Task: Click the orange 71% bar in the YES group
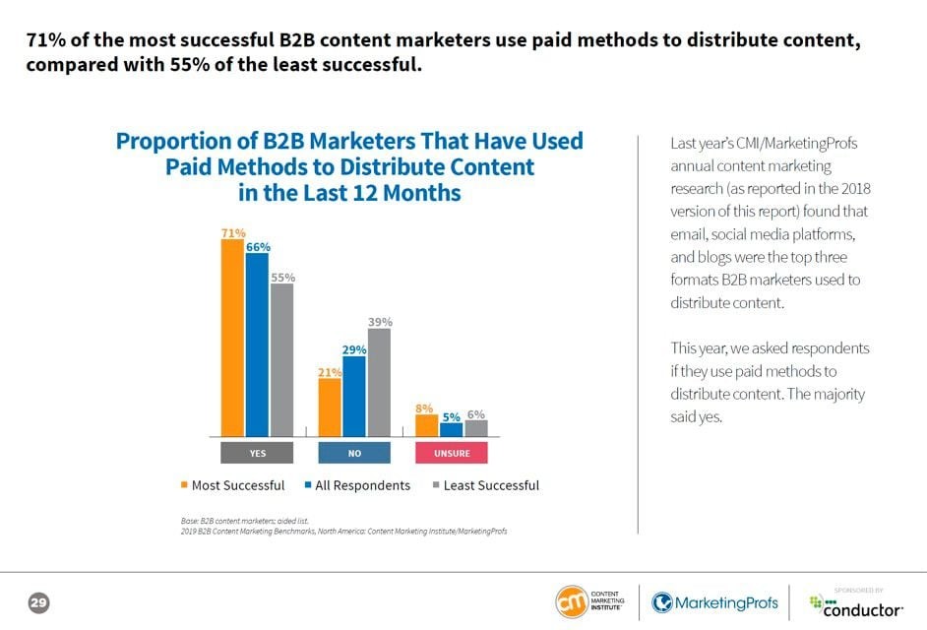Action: pyautogui.click(x=232, y=338)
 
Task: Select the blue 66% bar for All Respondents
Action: pyautogui.click(x=257, y=345)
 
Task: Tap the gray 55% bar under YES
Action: pyautogui.click(x=281, y=359)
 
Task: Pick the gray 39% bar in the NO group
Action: pyautogui.click(x=379, y=382)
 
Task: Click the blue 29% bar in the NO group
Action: pyautogui.click(x=354, y=396)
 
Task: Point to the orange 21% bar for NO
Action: pyautogui.click(x=330, y=407)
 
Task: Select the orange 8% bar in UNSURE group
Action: pyautogui.click(x=426, y=425)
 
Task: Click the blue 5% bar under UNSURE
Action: pyautogui.click(x=451, y=429)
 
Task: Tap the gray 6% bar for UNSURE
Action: pyautogui.click(x=475, y=428)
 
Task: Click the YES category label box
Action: pyautogui.click(x=257, y=453)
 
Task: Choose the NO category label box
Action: pyautogui.click(x=354, y=453)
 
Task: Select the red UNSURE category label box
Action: pyautogui.click(x=452, y=453)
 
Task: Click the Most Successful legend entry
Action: pyautogui.click(x=232, y=485)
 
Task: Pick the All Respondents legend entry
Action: pyautogui.click(x=356, y=485)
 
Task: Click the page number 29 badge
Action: pyautogui.click(x=39, y=601)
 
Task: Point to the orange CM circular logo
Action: pyautogui.click(x=571, y=601)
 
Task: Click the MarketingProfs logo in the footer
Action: pyautogui.click(x=714, y=602)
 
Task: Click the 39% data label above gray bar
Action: pyautogui.click(x=380, y=322)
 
